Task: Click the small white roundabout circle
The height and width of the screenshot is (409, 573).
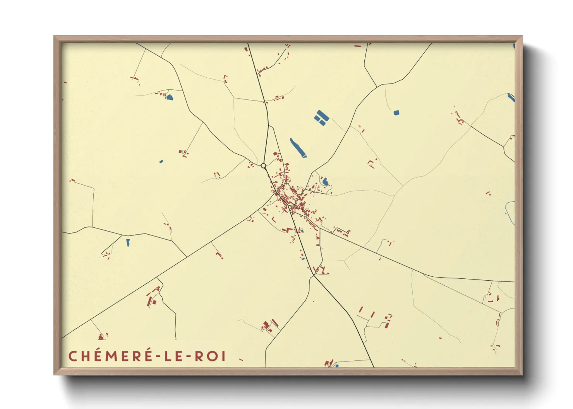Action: click(x=263, y=166)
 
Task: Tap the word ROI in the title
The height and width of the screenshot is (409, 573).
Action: click(x=210, y=356)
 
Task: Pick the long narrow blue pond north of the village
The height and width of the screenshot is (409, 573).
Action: click(x=298, y=148)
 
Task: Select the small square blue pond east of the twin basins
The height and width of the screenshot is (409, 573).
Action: click(x=396, y=113)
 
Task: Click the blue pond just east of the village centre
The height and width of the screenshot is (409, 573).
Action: click(x=325, y=181)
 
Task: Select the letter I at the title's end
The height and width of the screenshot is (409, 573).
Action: click(x=223, y=356)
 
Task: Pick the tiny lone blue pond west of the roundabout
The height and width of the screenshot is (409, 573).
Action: click(x=161, y=161)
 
